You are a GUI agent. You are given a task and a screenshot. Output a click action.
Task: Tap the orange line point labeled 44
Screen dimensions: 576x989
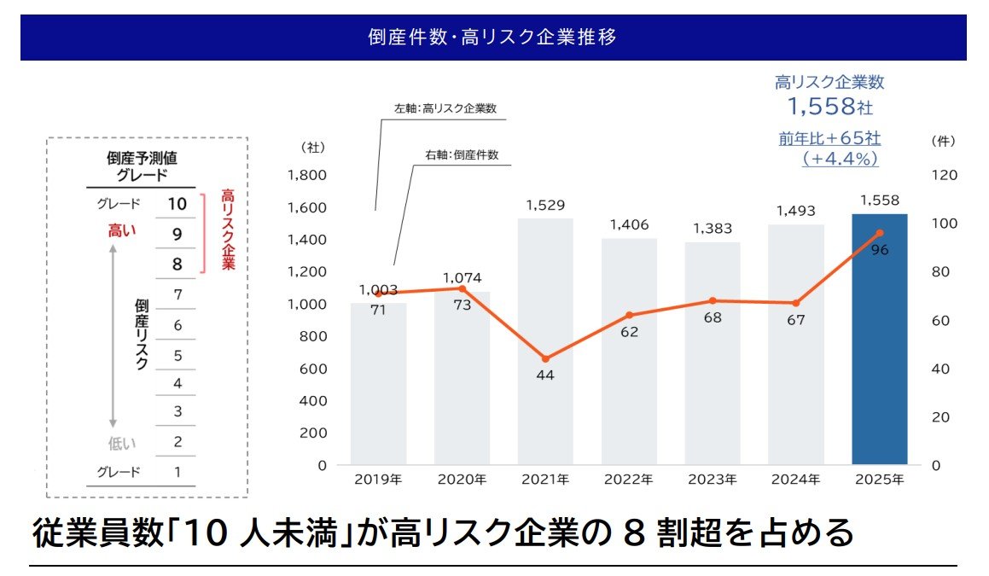pyautogui.click(x=545, y=358)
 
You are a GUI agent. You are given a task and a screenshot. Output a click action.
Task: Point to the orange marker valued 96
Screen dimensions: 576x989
pyautogui.click(x=880, y=233)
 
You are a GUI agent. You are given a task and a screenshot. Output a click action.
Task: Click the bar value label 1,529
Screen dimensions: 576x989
pyautogui.click(x=545, y=206)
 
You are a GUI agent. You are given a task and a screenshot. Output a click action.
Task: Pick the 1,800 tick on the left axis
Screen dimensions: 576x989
pyautogui.click(x=307, y=175)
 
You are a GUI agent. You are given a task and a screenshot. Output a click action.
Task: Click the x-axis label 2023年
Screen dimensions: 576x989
pyautogui.click(x=712, y=480)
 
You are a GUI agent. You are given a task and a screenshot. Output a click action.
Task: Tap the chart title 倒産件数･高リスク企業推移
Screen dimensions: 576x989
pyautogui.click(x=493, y=38)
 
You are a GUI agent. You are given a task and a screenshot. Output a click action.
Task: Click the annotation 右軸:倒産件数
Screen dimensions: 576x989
pyautogui.click(x=462, y=155)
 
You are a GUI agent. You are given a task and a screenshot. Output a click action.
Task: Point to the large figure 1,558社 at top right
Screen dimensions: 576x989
pyautogui.click(x=829, y=107)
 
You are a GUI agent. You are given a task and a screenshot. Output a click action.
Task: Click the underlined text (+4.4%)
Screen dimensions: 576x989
pyautogui.click(x=840, y=159)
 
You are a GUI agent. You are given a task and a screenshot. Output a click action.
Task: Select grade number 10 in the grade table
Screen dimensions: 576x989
pyautogui.click(x=177, y=205)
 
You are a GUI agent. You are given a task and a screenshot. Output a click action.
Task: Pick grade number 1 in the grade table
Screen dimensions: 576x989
pyautogui.click(x=177, y=472)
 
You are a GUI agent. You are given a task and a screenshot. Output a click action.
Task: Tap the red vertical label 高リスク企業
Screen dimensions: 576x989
pyautogui.click(x=227, y=230)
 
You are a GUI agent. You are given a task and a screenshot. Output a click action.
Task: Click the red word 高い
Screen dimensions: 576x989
pyautogui.click(x=122, y=230)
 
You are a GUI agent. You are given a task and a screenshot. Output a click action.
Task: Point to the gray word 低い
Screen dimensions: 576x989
pyautogui.click(x=122, y=443)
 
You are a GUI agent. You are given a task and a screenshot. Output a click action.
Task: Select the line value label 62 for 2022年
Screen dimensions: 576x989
pyautogui.click(x=629, y=332)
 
